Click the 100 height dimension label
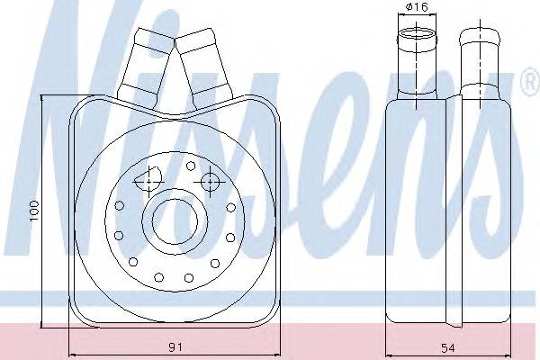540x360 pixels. click(x=35, y=211)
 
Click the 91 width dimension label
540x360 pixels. click(x=175, y=347)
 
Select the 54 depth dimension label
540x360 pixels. click(x=448, y=348)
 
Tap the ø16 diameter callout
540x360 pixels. click(x=417, y=6)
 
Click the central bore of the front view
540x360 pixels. click(x=175, y=220)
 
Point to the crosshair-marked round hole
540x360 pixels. click(x=209, y=182)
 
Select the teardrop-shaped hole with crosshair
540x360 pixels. click(x=148, y=179)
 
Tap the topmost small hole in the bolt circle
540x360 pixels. click(x=191, y=166)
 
